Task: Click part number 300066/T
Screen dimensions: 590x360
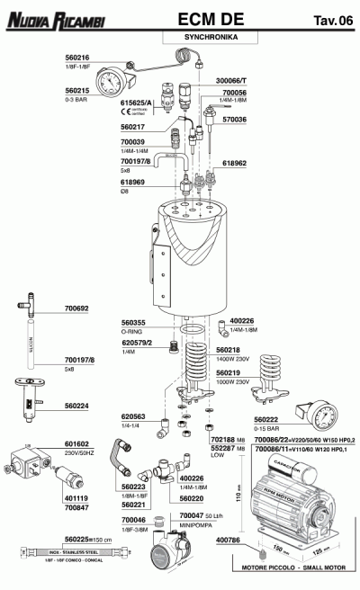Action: pos(231,81)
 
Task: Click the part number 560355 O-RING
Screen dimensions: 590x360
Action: pos(135,321)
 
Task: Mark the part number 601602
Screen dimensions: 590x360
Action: pos(76,443)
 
